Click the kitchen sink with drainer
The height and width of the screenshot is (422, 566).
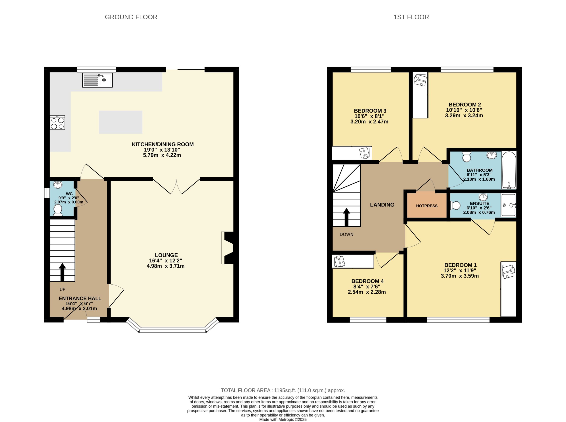pyautogui.click(x=97, y=80)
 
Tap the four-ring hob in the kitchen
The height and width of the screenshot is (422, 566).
pyautogui.click(x=57, y=123)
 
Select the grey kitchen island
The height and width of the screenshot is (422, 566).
pyautogui.click(x=120, y=122)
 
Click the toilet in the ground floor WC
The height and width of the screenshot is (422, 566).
pyautogui.click(x=58, y=210)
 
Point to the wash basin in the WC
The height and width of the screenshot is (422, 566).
pyautogui.click(x=58, y=184)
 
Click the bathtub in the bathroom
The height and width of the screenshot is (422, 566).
pyautogui.click(x=509, y=170)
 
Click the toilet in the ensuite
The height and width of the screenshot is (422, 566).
pyautogui.click(x=455, y=205)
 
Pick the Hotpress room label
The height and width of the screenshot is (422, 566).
pyautogui.click(x=427, y=206)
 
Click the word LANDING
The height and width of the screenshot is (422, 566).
pyautogui.click(x=382, y=205)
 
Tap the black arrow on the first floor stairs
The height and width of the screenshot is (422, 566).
pyautogui.click(x=346, y=217)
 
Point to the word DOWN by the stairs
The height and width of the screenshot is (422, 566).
pyautogui.click(x=346, y=235)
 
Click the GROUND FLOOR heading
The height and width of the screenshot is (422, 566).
pyautogui.click(x=131, y=17)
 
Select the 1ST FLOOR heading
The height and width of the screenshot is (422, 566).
pyautogui.click(x=411, y=17)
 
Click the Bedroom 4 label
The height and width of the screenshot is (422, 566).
pyautogui.click(x=367, y=281)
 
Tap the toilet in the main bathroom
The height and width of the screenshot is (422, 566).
pyautogui.click(x=467, y=157)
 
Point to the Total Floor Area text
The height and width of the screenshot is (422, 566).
pyautogui.click(x=283, y=390)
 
